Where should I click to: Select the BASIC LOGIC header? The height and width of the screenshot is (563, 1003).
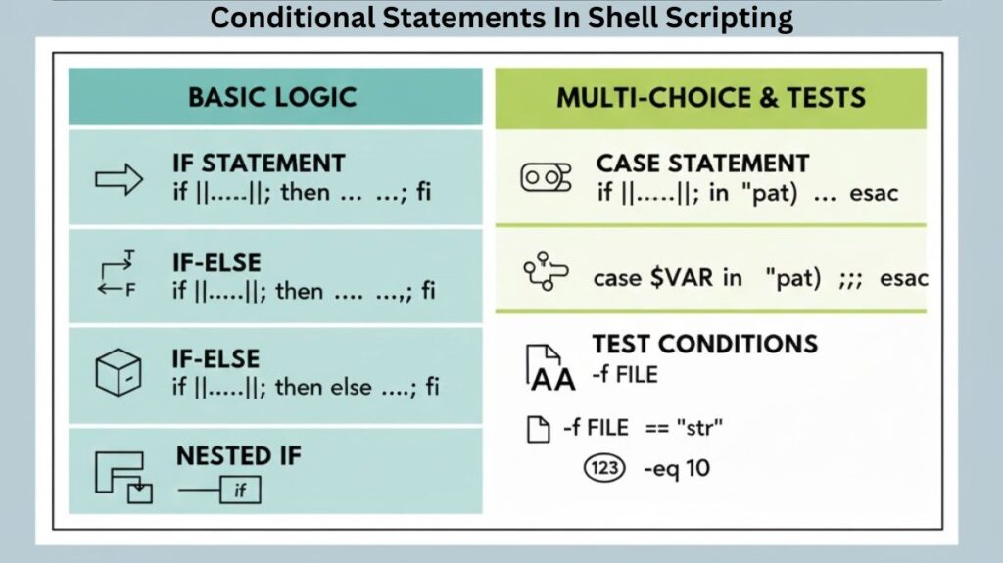click(272, 97)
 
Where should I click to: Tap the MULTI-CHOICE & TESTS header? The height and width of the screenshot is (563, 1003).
click(711, 97)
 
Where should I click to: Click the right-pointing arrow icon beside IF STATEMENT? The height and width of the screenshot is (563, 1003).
click(119, 180)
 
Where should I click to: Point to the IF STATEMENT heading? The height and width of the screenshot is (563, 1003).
click(258, 164)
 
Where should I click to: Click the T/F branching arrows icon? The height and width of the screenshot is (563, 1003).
click(119, 276)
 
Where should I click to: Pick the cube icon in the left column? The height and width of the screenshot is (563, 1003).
click(119, 372)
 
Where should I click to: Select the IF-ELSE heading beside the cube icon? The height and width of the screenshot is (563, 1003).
click(216, 357)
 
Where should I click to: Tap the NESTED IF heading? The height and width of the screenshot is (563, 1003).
click(239, 455)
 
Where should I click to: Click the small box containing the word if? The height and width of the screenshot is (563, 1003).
click(240, 490)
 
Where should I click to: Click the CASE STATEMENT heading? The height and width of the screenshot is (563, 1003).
click(702, 164)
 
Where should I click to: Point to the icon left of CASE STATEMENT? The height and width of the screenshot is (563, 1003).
click(546, 177)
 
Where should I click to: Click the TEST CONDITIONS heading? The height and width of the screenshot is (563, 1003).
click(704, 344)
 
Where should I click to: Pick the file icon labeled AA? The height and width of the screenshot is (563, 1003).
click(550, 367)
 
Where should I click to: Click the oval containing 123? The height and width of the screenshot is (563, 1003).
click(605, 468)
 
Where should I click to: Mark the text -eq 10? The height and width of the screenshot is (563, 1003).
click(676, 468)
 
